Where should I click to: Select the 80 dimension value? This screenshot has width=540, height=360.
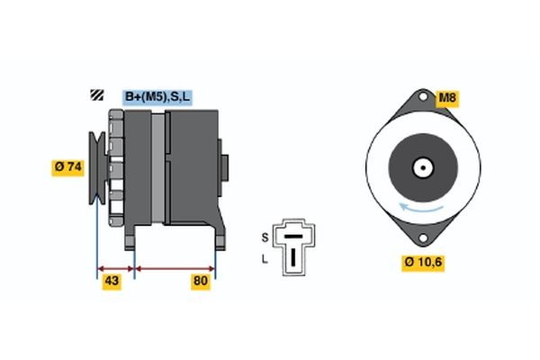click(200, 282)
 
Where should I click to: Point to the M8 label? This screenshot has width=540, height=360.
click(447, 97)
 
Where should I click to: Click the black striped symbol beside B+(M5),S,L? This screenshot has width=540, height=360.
click(96, 96)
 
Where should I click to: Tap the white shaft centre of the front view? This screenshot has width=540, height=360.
click(420, 167)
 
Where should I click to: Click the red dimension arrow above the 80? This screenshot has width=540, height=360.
click(175, 267)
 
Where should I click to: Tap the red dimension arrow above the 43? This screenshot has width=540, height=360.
click(115, 267)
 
